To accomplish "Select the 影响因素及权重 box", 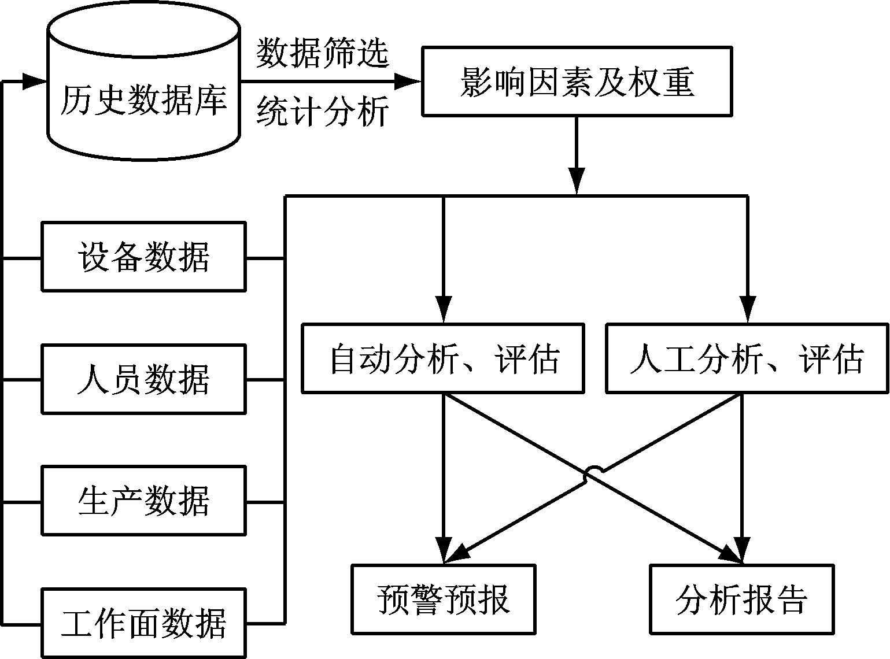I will coord(577,82).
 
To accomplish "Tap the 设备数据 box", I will coord(143,256).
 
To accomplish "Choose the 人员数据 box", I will coord(143,379).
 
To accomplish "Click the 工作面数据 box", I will coord(143,623).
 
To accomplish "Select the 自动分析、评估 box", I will coord(443,358).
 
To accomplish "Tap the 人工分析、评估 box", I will coord(747,358).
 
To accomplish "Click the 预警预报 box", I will coord(443,599).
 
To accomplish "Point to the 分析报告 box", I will coord(742,599).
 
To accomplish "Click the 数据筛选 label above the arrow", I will coord(322,54).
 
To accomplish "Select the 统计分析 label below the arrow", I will coord(322,112).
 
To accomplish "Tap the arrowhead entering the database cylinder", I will coord(34,81).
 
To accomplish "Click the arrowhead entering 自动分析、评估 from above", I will coord(443,310).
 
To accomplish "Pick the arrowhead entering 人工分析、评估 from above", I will coord(748,310).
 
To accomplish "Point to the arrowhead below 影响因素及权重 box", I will coord(577,180).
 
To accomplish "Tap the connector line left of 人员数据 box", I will coord(22,380).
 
